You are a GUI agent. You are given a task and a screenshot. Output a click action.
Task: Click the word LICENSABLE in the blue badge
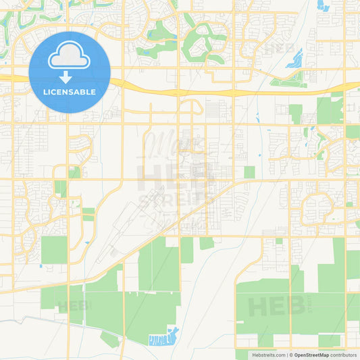70,92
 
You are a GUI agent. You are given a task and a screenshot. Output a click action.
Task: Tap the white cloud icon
70,59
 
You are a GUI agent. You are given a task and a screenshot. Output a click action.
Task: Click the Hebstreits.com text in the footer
267,355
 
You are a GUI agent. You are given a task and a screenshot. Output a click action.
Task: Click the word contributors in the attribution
343,355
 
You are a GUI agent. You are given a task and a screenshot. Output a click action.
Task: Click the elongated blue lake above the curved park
294,59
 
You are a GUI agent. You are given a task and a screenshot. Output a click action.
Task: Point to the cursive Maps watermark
165,143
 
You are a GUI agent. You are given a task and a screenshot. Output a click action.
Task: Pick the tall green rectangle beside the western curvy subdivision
54,249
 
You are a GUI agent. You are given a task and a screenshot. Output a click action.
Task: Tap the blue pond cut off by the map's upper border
323,5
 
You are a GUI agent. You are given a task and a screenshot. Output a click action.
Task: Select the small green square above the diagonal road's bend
249,172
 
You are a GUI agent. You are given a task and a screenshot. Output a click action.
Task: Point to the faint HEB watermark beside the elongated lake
279,48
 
